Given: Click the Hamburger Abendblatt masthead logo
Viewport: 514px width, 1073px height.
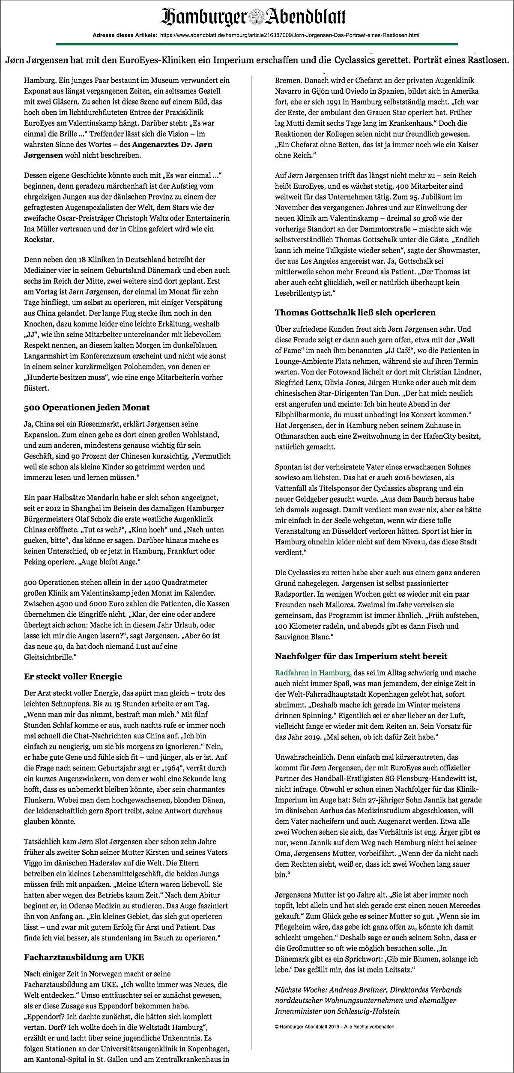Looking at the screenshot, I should pos(253,18).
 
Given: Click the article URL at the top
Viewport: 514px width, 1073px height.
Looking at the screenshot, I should pos(290,35).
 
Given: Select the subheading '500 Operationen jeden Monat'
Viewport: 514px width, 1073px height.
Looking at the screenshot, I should pos(87,407).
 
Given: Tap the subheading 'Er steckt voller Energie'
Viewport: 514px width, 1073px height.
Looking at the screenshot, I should pos(73,676).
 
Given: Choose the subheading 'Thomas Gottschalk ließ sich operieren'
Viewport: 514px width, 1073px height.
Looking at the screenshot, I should pos(355,312).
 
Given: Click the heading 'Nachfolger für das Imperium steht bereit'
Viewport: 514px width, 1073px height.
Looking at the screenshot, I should pos(361,656).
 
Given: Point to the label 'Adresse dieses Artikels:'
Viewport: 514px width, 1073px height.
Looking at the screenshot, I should pos(125,35).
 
